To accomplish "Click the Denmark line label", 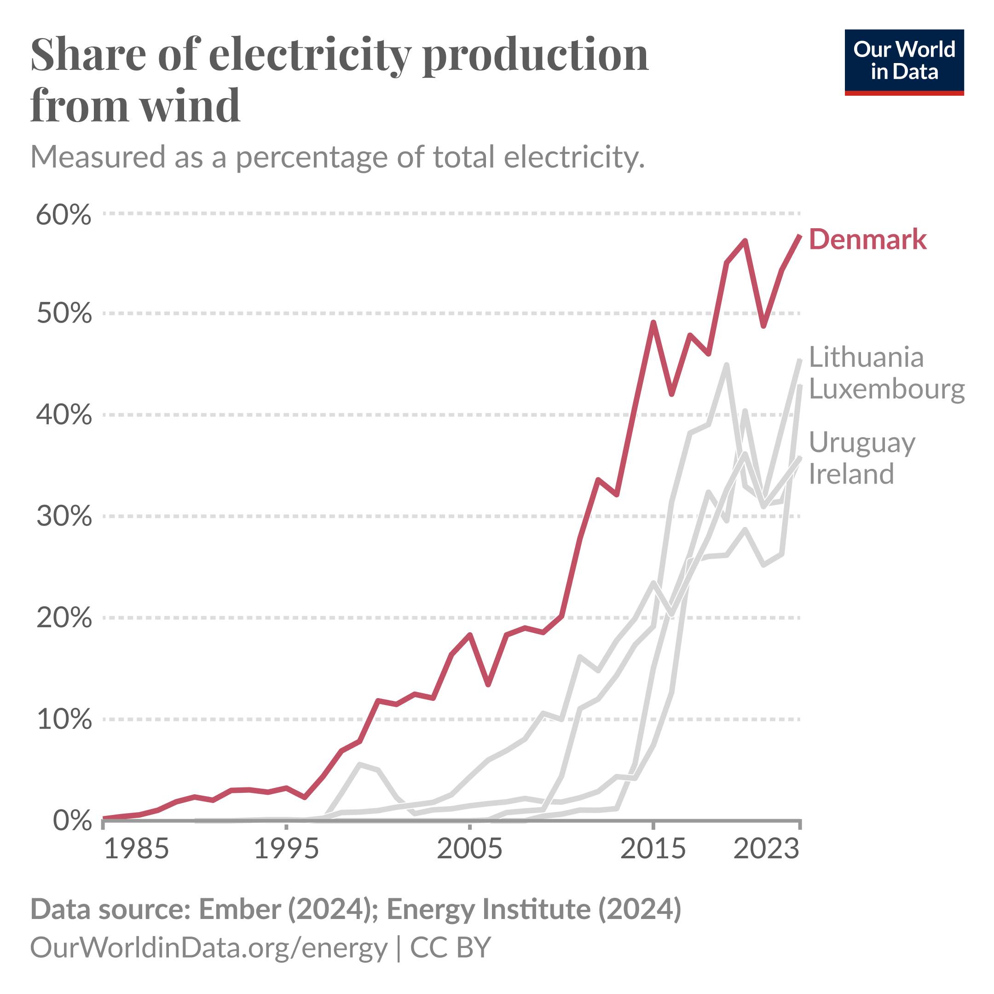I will (x=867, y=240).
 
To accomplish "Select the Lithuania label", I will (x=866, y=357).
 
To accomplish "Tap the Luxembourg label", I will (x=886, y=388).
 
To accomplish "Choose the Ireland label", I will (x=851, y=474).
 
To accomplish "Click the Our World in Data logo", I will (x=904, y=62).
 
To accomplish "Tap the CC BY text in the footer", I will (x=450, y=947).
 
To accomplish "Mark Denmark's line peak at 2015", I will (x=653, y=323).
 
